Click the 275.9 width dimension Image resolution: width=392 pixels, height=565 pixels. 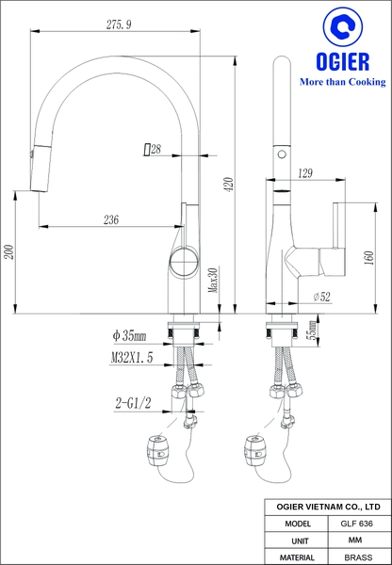click(119, 21)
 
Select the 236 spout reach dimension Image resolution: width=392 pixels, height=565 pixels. click(110, 219)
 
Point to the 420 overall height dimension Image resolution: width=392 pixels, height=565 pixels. click(228, 185)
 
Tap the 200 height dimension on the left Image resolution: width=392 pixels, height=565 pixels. click(9, 251)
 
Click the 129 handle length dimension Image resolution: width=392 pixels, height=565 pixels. click(304, 173)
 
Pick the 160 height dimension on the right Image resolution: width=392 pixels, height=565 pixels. click(363, 258)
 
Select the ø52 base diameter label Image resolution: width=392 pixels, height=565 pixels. click(321, 297)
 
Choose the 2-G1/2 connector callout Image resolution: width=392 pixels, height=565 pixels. click(135, 403)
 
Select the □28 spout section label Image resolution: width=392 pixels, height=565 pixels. click(151, 149)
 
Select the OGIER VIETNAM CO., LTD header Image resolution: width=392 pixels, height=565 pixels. click(326, 506)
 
